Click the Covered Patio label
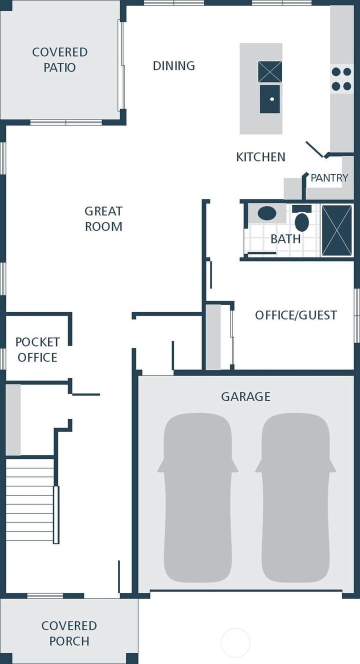[x=59, y=59]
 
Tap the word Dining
[x=173, y=65]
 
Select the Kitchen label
[x=260, y=157]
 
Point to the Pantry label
[x=329, y=177]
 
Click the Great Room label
[x=103, y=218]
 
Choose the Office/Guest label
[x=295, y=315]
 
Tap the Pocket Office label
[x=37, y=349]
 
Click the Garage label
[x=245, y=396]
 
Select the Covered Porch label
[x=69, y=633]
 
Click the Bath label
[x=285, y=239]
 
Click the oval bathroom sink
[x=267, y=213]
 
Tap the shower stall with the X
[x=336, y=230]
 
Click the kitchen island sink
[x=270, y=99]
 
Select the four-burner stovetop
[x=341, y=79]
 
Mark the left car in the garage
[x=197, y=497]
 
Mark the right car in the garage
[x=295, y=497]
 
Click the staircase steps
[x=29, y=500]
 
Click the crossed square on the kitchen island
[x=270, y=71]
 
